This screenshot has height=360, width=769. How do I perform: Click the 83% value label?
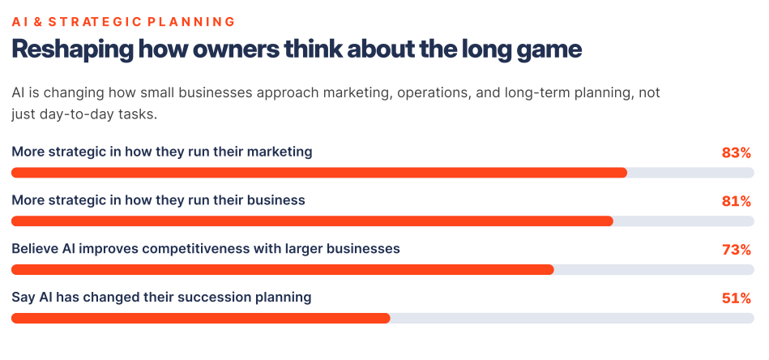(736, 153)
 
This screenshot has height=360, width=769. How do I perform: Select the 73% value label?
(736, 251)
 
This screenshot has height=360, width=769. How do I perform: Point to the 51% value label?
(736, 298)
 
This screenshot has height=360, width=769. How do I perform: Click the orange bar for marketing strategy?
(319, 173)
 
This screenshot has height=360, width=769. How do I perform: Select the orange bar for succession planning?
(201, 319)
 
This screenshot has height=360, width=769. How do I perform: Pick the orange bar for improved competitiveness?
(283, 270)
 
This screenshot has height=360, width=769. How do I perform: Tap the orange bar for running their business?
(313, 221)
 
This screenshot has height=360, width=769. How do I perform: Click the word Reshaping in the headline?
(71, 50)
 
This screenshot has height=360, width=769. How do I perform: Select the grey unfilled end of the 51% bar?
(572, 319)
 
